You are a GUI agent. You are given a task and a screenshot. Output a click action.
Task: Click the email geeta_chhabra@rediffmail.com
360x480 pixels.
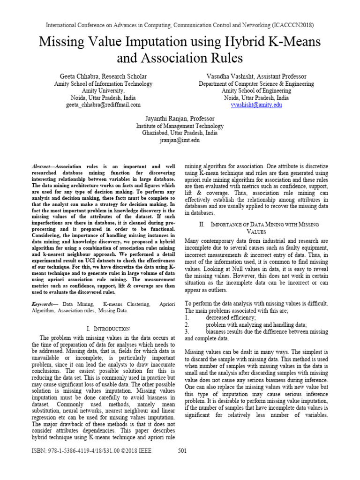pyautogui.click(x=103, y=105)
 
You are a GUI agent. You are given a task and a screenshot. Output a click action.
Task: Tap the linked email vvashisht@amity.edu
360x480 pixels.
pyautogui.click(x=256, y=105)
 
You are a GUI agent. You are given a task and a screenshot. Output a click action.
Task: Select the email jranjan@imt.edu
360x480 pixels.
pyautogui.click(x=180, y=140)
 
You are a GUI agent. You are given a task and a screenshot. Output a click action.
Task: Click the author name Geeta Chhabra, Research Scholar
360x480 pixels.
pyautogui.click(x=103, y=76)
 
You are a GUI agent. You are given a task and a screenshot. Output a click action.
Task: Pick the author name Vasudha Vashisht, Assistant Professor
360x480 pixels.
pyautogui.click(x=256, y=76)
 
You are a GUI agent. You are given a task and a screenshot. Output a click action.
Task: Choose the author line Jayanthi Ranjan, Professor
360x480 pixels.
pyautogui.click(x=180, y=119)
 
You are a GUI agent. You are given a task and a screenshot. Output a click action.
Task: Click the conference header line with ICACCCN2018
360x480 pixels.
pyautogui.click(x=180, y=24)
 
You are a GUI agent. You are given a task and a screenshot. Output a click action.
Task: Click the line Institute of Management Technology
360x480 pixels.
pyautogui.click(x=180, y=126)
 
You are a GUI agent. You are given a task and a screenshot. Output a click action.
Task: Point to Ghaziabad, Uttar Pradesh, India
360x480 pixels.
pyautogui.click(x=180, y=133)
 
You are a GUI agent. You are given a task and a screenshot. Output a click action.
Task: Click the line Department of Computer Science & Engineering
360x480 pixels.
pyautogui.click(x=256, y=84)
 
